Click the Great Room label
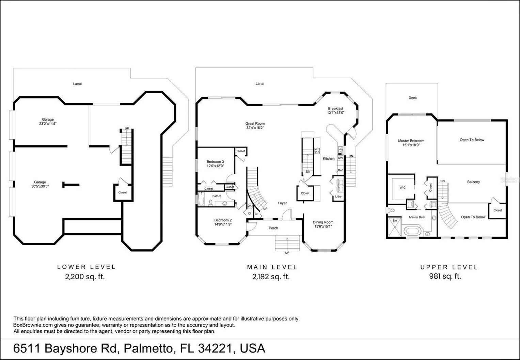pyautogui.click(x=255, y=124)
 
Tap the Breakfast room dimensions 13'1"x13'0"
pyautogui.click(x=335, y=113)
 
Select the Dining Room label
pyautogui.click(x=323, y=222)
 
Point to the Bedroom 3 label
pyautogui.click(x=215, y=161)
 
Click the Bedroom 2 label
pyautogui.click(x=223, y=220)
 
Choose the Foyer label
pyautogui.click(x=282, y=203)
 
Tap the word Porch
pyautogui.click(x=273, y=228)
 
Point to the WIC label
pyautogui.click(x=403, y=188)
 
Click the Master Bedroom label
pyautogui.click(x=411, y=141)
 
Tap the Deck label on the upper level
pyautogui.click(x=412, y=98)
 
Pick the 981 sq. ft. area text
pyautogui.click(x=445, y=276)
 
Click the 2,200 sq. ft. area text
pyautogui.click(x=85, y=277)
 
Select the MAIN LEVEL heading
pyautogui.click(x=272, y=267)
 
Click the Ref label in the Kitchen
pyautogui.click(x=340, y=170)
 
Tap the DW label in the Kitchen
pyautogui.click(x=340, y=158)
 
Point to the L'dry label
pyautogui.click(x=338, y=197)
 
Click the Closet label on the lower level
pyautogui.click(x=123, y=192)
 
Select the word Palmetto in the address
pyautogui.click(x=148, y=348)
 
